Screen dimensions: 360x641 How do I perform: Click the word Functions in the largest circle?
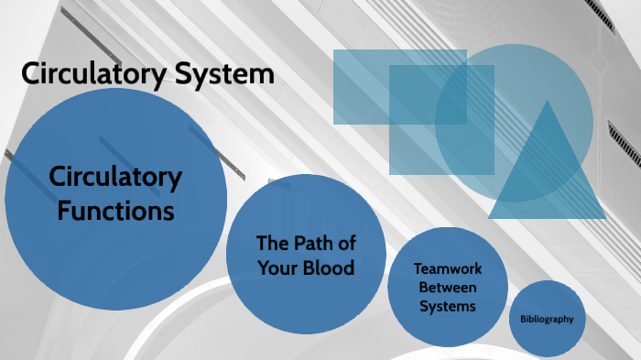tap(115, 210)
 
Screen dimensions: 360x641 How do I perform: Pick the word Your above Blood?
tap(269, 269)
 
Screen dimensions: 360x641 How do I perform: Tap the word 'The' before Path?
tap(272, 244)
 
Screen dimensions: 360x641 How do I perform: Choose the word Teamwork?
tap(448, 268)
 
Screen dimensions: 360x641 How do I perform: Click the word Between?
tap(448, 288)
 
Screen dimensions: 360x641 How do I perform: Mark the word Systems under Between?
tap(448, 306)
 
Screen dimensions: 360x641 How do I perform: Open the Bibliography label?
tap(547, 320)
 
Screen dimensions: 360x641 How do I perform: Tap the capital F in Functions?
tap(64, 210)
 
